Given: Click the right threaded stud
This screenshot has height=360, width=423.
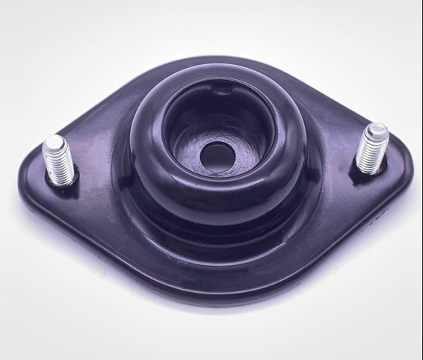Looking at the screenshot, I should tap(371, 148).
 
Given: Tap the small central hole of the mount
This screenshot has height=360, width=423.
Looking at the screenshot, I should tap(217, 155).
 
